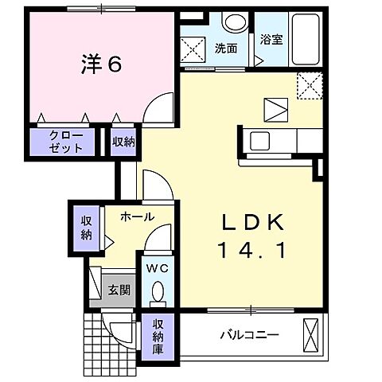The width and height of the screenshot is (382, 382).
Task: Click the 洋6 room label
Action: [100, 65]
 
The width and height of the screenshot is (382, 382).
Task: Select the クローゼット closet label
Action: [65, 142]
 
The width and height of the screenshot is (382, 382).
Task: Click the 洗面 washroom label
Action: [226, 48]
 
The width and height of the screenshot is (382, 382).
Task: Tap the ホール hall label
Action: [138, 216]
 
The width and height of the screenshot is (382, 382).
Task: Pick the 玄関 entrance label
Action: [119, 290]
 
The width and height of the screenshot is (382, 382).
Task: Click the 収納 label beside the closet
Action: [123, 142]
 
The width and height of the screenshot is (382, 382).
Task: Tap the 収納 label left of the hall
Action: [86, 226]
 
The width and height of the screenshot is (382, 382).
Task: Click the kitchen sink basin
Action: [261, 142]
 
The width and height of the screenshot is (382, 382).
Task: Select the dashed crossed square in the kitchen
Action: [308, 84]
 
